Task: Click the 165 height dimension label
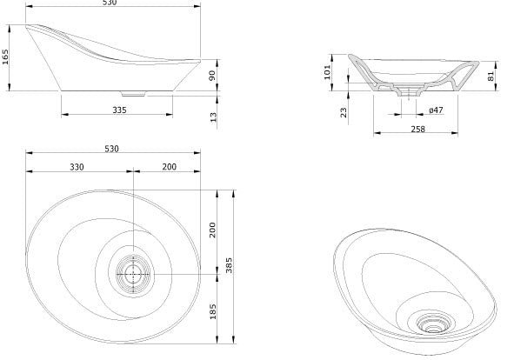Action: [5, 57]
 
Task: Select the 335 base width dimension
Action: [119, 110]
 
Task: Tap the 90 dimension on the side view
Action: [212, 75]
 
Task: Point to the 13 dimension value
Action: [213, 117]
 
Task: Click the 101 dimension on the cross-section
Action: [327, 72]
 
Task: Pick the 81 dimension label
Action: [491, 77]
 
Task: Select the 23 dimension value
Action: [344, 112]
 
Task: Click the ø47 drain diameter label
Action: [436, 110]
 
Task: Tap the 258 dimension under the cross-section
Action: [418, 129]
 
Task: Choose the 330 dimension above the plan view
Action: [77, 167]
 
